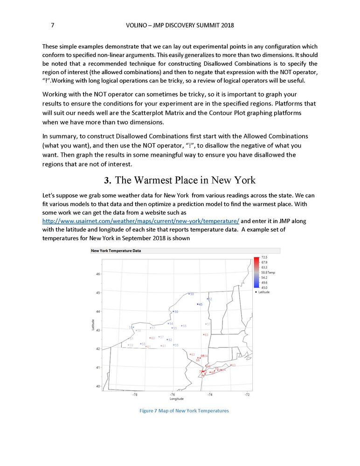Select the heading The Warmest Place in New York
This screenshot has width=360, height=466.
coord(185,180)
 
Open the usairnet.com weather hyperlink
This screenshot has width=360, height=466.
coord(140,221)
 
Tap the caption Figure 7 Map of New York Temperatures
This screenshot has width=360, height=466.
coord(184,410)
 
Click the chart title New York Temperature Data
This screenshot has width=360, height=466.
coord(116,250)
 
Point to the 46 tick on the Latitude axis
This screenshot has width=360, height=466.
coord(97,274)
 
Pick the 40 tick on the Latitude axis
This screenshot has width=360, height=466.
coord(97,386)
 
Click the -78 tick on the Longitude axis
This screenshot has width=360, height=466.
coord(135,394)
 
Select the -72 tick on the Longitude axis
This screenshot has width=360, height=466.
coord(247,394)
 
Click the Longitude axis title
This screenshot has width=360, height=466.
coord(176,399)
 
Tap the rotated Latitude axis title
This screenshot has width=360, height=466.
coord(93,325)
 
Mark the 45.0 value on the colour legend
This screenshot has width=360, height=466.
coord(264,287)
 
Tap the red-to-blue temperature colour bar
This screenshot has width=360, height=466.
coord(257,272)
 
